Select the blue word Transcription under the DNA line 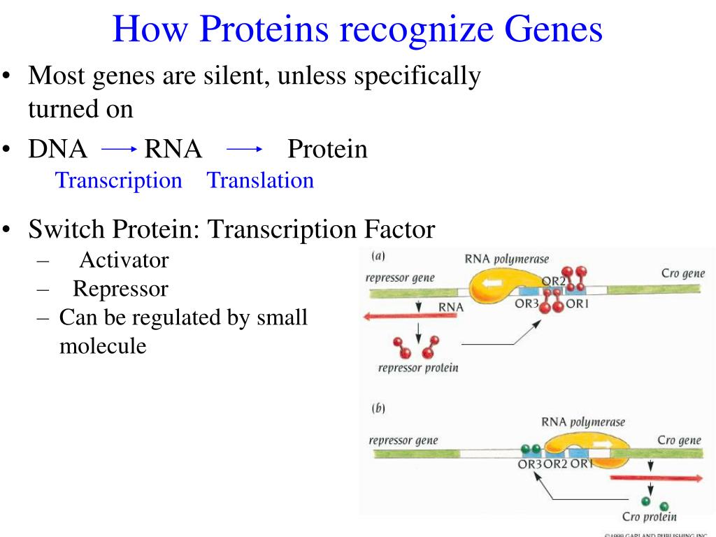(118, 180)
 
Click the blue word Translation (260, 180)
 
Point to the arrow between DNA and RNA (118, 149)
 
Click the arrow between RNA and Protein (244, 149)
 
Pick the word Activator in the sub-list (124, 260)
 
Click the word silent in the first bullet (230, 76)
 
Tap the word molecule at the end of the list (103, 345)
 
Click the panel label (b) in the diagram (378, 408)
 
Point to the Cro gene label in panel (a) (682, 273)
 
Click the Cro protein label (649, 517)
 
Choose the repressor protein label (418, 367)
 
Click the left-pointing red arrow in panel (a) (410, 317)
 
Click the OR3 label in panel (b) (530, 464)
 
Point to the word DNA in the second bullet (58, 149)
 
